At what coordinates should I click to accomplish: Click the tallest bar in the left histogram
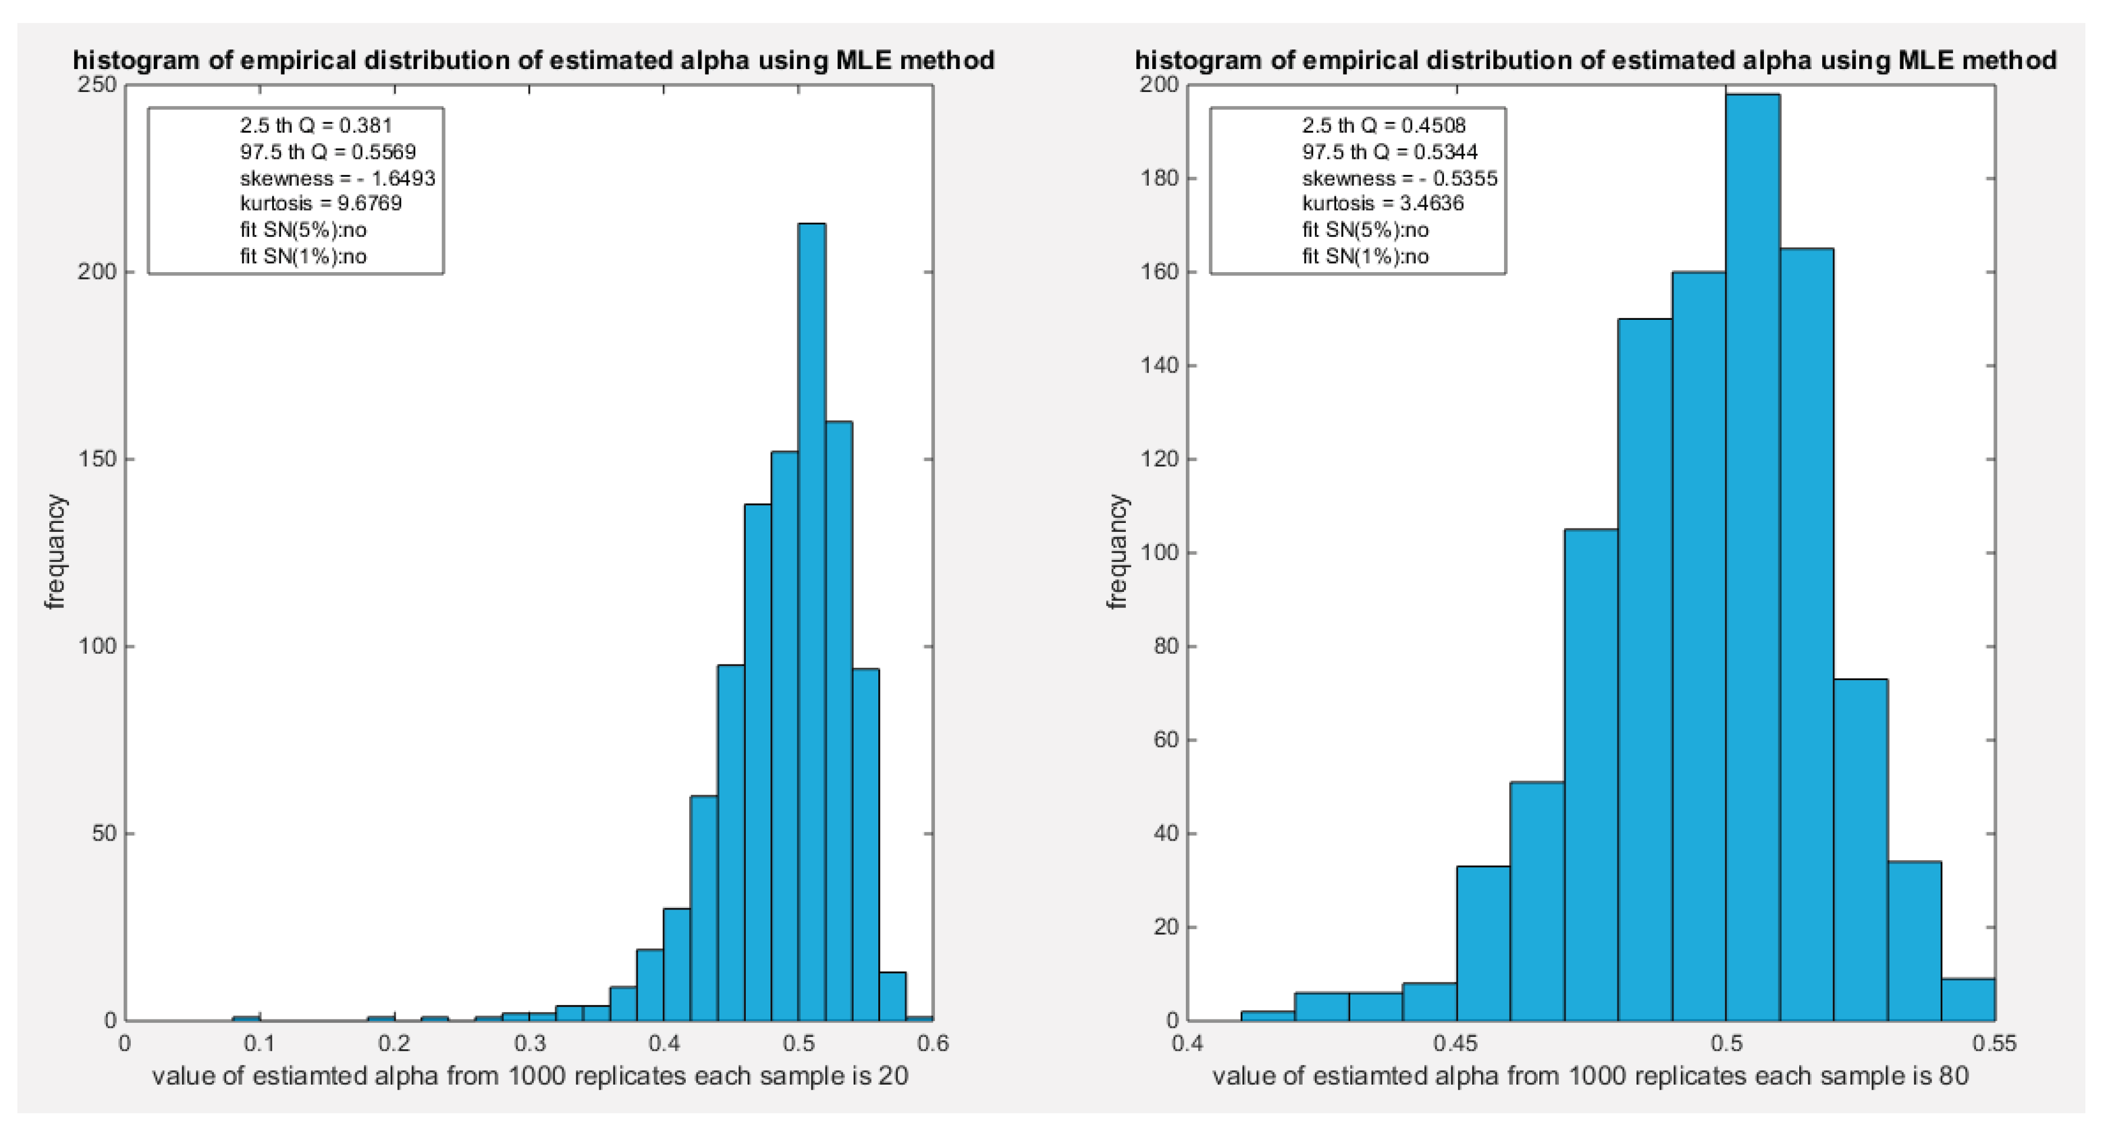(x=811, y=622)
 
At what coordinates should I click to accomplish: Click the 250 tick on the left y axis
(x=97, y=85)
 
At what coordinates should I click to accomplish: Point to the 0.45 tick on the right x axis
(x=1456, y=1043)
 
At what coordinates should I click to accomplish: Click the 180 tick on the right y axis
(x=1158, y=178)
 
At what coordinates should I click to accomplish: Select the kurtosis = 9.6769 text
(x=321, y=203)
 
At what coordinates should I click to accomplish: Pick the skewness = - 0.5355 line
(x=1399, y=178)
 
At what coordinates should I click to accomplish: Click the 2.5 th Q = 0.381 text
(x=316, y=125)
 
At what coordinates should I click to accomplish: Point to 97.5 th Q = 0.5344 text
(x=1390, y=151)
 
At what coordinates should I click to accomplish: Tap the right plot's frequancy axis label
(x=1117, y=552)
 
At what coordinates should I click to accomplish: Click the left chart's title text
(x=533, y=60)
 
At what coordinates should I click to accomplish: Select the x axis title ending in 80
(x=1590, y=1075)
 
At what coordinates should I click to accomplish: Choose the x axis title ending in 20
(x=530, y=1075)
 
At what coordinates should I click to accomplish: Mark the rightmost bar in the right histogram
(x=1968, y=1000)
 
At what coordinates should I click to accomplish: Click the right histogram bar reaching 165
(x=1805, y=635)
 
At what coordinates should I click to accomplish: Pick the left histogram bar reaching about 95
(x=730, y=843)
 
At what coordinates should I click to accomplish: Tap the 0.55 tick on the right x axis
(x=1995, y=1043)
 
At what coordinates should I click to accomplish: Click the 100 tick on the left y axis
(x=97, y=646)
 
